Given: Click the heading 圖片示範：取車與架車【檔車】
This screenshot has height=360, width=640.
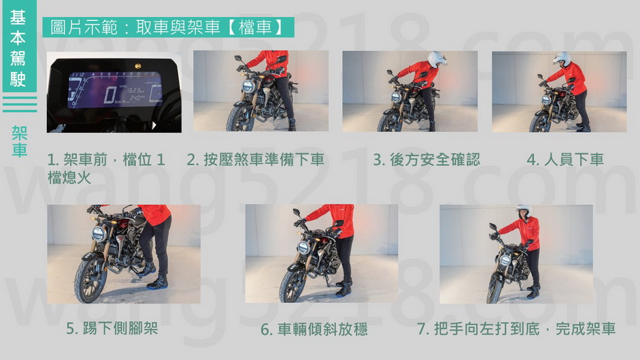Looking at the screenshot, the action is tap(167, 27).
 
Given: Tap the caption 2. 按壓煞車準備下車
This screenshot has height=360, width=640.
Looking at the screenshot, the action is tap(256, 159).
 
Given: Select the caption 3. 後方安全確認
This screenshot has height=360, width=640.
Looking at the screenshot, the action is tap(426, 159).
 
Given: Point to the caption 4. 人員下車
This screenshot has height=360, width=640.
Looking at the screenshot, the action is tap(565, 159).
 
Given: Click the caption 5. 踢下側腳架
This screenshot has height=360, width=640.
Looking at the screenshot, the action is tap(112, 329).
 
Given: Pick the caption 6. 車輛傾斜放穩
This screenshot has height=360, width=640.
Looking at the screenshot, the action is tap(314, 329).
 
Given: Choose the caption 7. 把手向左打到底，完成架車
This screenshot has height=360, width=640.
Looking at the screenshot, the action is tap(516, 329).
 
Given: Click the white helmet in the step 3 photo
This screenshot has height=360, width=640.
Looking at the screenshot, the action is tap(437, 59).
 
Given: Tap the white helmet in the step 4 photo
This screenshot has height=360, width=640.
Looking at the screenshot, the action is tap(562, 59).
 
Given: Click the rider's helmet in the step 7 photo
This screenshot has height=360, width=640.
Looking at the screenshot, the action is tap(524, 210).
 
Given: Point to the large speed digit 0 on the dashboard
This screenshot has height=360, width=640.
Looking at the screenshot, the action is tap(110, 95).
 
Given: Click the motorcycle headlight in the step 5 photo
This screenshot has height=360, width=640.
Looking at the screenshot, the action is tap(99, 235).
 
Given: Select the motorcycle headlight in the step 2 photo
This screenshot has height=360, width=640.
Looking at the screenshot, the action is tap(248, 87).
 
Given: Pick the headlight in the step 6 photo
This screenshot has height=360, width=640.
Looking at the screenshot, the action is tap(303, 248).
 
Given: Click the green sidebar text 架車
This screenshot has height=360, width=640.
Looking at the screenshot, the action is tap(19, 142).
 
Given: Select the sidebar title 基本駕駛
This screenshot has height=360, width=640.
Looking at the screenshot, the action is tap(18, 48).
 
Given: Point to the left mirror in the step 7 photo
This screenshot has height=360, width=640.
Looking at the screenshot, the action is tap(492, 227).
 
